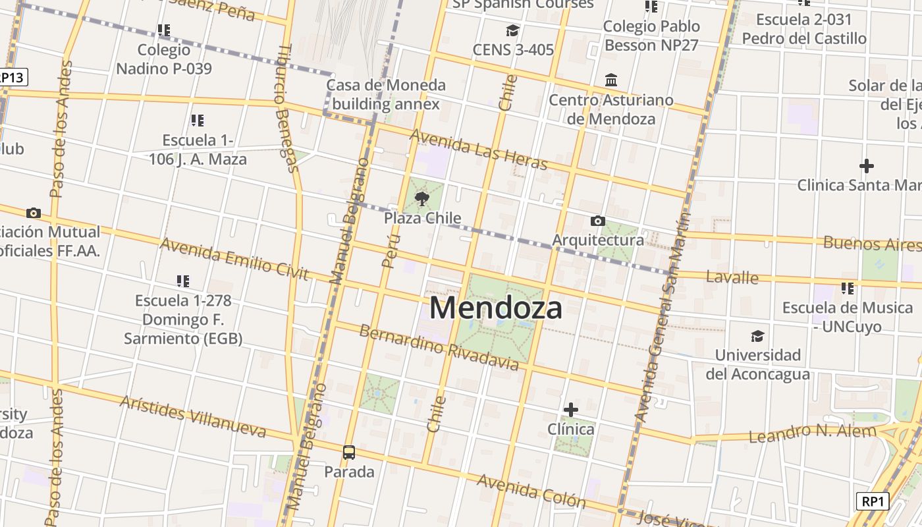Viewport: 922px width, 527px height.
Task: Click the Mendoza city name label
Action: (496, 308)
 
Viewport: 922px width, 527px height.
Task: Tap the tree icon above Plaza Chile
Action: (422, 198)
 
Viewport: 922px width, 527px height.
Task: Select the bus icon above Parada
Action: (349, 453)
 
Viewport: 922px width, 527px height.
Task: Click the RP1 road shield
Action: (873, 501)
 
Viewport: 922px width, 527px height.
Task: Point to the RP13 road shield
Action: (12, 77)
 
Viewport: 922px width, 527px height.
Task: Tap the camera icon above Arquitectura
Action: (598, 221)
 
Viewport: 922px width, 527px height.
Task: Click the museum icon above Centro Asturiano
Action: (611, 80)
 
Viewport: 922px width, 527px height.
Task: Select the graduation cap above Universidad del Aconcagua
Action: (758, 336)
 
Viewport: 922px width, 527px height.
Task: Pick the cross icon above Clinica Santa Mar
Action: (867, 165)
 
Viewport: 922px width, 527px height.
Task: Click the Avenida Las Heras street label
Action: (479, 149)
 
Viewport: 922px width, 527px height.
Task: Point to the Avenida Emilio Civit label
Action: (234, 259)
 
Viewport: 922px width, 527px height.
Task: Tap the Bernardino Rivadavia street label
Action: (439, 347)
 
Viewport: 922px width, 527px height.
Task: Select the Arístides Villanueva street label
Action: (192, 416)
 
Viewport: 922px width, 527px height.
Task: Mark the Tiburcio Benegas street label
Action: (288, 108)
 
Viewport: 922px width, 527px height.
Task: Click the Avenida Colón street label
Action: (531, 491)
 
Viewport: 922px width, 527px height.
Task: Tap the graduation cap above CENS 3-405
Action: (512, 30)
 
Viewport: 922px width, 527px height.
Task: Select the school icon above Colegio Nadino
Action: (164, 30)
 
